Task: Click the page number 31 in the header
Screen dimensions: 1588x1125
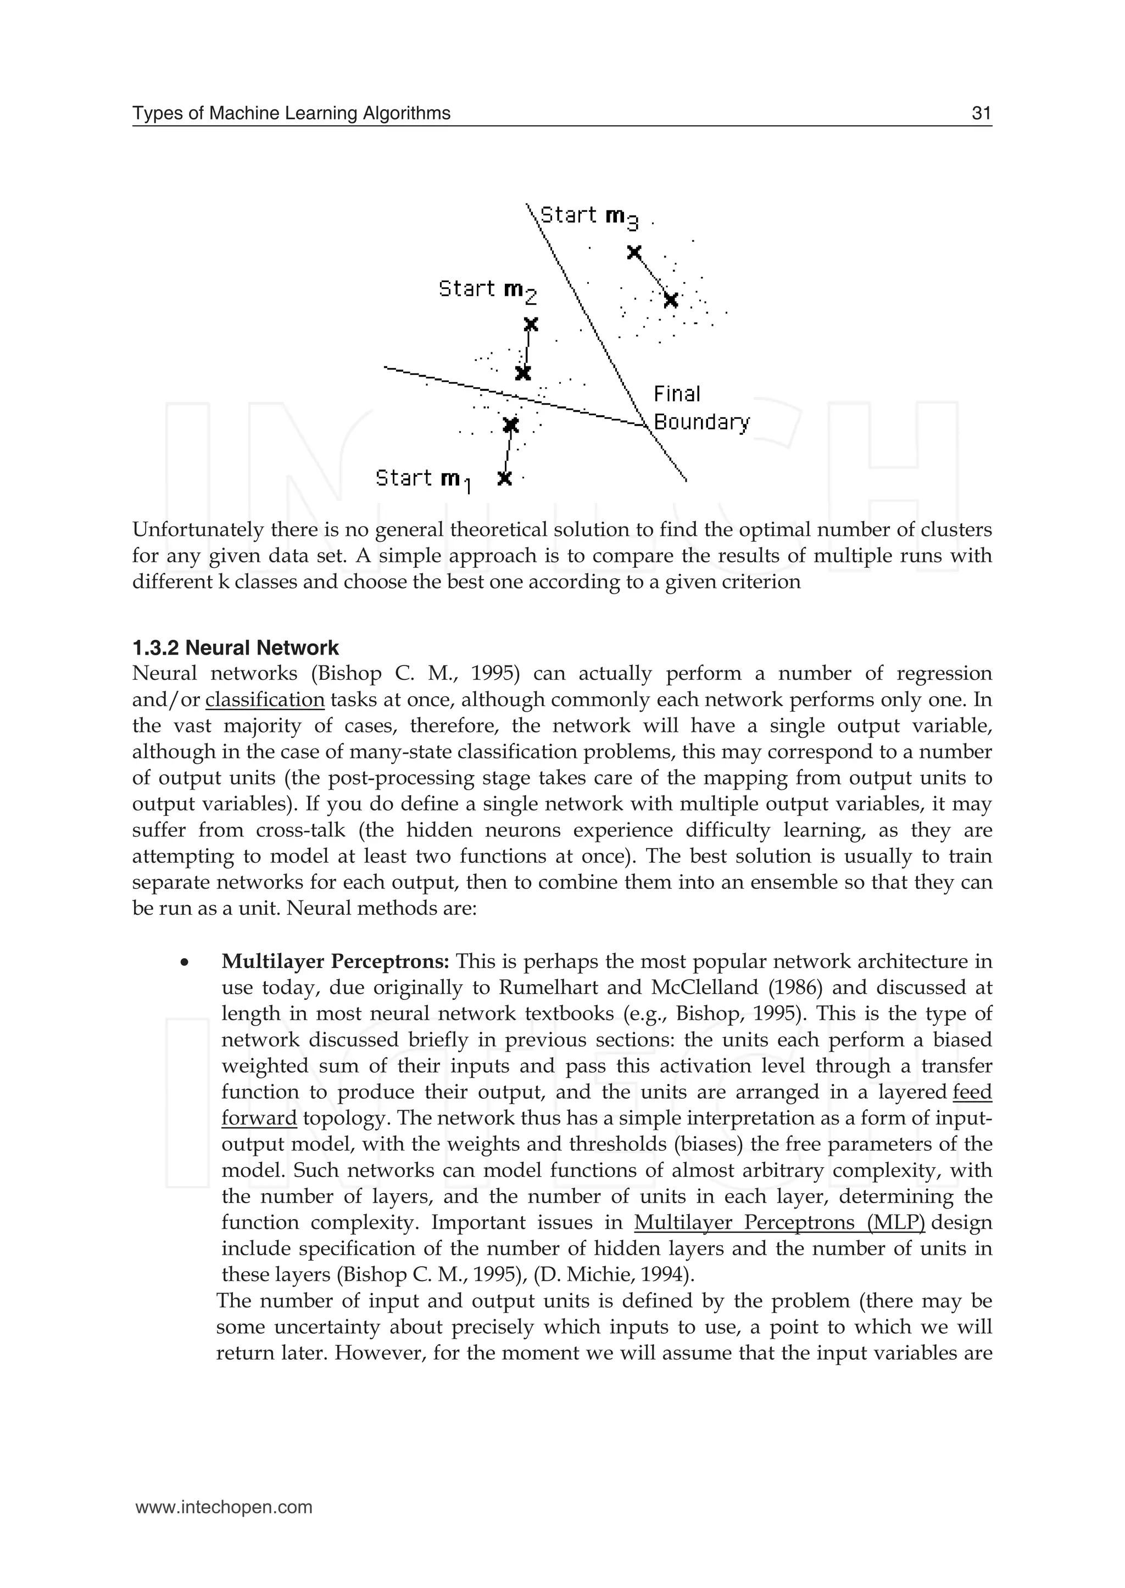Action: (x=981, y=114)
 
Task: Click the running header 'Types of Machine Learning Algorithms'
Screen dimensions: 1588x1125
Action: (x=291, y=114)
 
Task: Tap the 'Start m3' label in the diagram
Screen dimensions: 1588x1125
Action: (x=588, y=216)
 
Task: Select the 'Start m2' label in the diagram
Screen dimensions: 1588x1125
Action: (x=487, y=289)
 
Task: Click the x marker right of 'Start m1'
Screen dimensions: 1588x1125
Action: (x=505, y=478)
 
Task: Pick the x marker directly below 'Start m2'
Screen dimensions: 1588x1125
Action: (x=531, y=324)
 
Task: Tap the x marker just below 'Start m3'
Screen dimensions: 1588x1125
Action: (x=633, y=252)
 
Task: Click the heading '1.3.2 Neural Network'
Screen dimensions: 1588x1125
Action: (x=236, y=648)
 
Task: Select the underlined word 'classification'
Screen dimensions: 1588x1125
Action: (x=265, y=700)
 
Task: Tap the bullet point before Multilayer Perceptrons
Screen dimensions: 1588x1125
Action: (x=184, y=963)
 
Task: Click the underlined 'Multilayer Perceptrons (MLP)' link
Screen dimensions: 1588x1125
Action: (x=779, y=1222)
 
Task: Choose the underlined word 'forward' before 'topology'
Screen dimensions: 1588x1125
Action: (x=258, y=1119)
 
